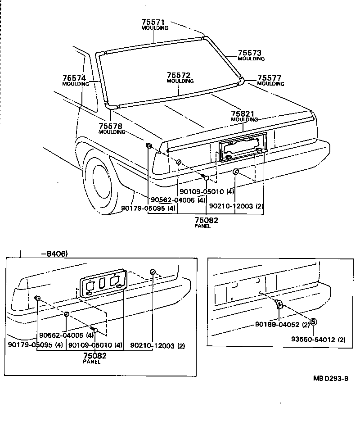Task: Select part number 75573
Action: pyautogui.click(x=250, y=53)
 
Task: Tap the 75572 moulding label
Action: pyautogui.click(x=180, y=75)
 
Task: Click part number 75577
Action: pyautogui.click(x=270, y=78)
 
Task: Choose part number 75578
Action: pyautogui.click(x=111, y=126)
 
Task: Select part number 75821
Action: pyautogui.click(x=243, y=114)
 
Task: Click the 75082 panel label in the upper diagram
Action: pyautogui.click(x=206, y=220)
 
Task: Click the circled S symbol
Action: pyautogui.click(x=313, y=322)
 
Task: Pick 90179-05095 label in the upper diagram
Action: pyautogui.click(x=148, y=208)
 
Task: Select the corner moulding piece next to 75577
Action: pyautogui.click(x=241, y=82)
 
